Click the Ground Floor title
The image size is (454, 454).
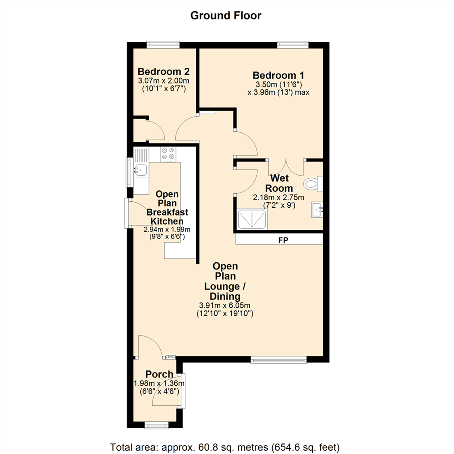click(x=226, y=16)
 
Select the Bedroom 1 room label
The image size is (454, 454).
click(x=278, y=76)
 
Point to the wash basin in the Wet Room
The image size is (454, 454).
click(x=317, y=209)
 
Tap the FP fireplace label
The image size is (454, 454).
click(x=282, y=240)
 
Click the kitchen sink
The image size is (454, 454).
click(x=140, y=170)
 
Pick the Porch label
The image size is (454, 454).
click(x=159, y=374)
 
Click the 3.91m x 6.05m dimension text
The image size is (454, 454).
click(x=226, y=306)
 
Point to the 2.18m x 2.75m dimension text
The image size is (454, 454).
click(x=278, y=197)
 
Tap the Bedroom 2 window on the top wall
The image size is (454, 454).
click(x=163, y=43)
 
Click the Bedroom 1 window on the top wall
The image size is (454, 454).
click(x=293, y=43)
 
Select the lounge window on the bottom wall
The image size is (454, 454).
click(x=278, y=359)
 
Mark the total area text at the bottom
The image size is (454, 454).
click(x=224, y=446)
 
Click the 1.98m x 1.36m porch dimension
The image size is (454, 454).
click(x=159, y=383)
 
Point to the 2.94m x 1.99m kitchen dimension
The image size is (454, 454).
click(x=167, y=230)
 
